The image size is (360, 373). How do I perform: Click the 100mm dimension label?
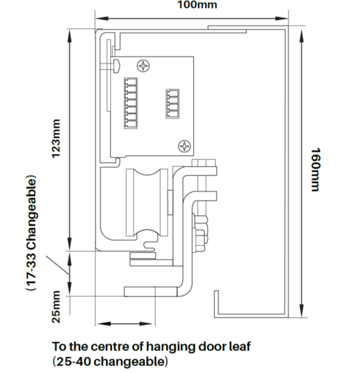coord(197,5)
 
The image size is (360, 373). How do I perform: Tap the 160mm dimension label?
coord(316,169)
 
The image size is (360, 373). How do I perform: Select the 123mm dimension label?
coord(56,139)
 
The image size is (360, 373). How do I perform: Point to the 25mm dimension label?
coord(56,307)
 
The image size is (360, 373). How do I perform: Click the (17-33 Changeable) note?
coord(31,233)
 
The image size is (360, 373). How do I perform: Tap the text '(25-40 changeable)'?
coord(110,362)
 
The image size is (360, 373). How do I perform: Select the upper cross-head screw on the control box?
coord(144,65)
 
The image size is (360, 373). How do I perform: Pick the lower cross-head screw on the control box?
coord(185,146)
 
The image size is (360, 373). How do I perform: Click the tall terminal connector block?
coord(131,103)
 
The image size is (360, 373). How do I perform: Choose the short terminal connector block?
coord(172,104)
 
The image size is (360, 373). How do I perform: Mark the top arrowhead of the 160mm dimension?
coord(302,36)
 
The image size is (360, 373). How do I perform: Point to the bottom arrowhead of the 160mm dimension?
coord(302,311)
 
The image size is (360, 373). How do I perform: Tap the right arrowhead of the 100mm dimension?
coord(282,18)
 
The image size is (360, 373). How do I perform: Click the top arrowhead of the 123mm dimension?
coord(69,36)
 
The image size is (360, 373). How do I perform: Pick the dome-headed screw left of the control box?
coord(116,65)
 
